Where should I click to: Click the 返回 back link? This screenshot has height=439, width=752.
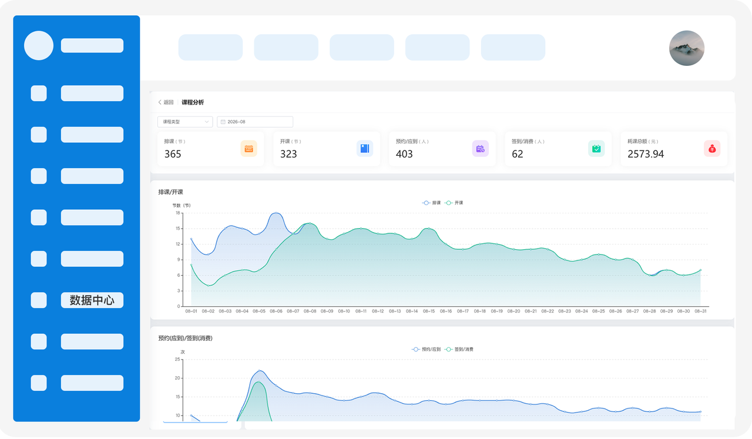point(166,102)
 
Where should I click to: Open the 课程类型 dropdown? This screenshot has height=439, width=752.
point(185,122)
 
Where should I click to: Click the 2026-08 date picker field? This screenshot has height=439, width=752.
point(255,122)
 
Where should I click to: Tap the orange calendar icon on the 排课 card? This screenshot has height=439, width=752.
point(249,149)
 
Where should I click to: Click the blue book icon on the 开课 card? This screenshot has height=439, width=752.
point(365,149)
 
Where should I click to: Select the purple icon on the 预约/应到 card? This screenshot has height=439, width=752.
point(481,149)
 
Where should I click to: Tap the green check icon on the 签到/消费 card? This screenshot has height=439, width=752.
point(596,149)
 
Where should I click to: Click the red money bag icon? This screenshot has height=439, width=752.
point(712,149)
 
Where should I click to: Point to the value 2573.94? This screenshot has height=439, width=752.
point(646,154)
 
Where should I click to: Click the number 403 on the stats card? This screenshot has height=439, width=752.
point(404,154)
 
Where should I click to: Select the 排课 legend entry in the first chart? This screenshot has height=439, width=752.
point(431,203)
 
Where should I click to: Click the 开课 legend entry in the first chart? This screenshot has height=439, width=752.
point(454,203)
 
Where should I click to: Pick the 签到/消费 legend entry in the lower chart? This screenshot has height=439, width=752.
point(459,349)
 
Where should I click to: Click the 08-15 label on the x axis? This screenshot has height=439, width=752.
point(429,311)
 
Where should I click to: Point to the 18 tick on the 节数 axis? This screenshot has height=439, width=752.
point(177,213)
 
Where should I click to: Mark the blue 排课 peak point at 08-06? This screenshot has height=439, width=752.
point(276,213)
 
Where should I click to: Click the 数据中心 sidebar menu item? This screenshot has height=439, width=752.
point(92,300)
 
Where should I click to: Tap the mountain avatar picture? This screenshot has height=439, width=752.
point(687,48)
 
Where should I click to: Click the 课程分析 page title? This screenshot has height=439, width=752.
point(193,102)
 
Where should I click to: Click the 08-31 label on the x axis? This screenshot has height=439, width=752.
point(700,311)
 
